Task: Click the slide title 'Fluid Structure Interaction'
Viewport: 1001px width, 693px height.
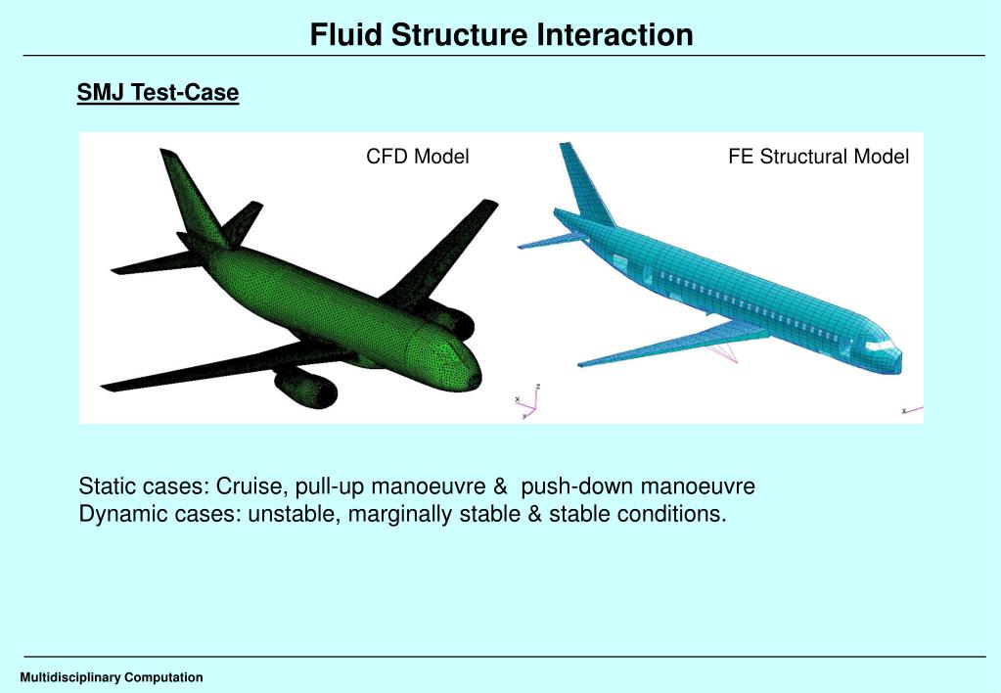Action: [x=501, y=35]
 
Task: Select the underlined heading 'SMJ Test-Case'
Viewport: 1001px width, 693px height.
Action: [x=158, y=93]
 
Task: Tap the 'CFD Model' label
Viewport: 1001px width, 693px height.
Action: [x=418, y=157]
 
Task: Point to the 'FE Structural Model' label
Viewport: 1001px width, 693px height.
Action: [x=818, y=157]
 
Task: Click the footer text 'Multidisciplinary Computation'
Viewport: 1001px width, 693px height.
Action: [x=112, y=677]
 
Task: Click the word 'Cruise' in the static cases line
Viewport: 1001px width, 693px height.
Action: [x=257, y=486]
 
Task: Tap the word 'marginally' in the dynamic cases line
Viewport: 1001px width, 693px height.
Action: [x=395, y=514]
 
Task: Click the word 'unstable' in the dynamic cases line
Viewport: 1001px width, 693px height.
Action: [x=291, y=514]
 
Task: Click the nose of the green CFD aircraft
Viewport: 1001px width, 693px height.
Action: [x=474, y=373]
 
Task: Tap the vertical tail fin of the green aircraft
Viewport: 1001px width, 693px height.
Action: [x=192, y=196]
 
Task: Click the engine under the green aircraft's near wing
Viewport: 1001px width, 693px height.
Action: [x=307, y=389]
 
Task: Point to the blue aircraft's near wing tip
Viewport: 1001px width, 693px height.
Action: [x=581, y=364]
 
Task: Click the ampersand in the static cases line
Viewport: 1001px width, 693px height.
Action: [x=500, y=486]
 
